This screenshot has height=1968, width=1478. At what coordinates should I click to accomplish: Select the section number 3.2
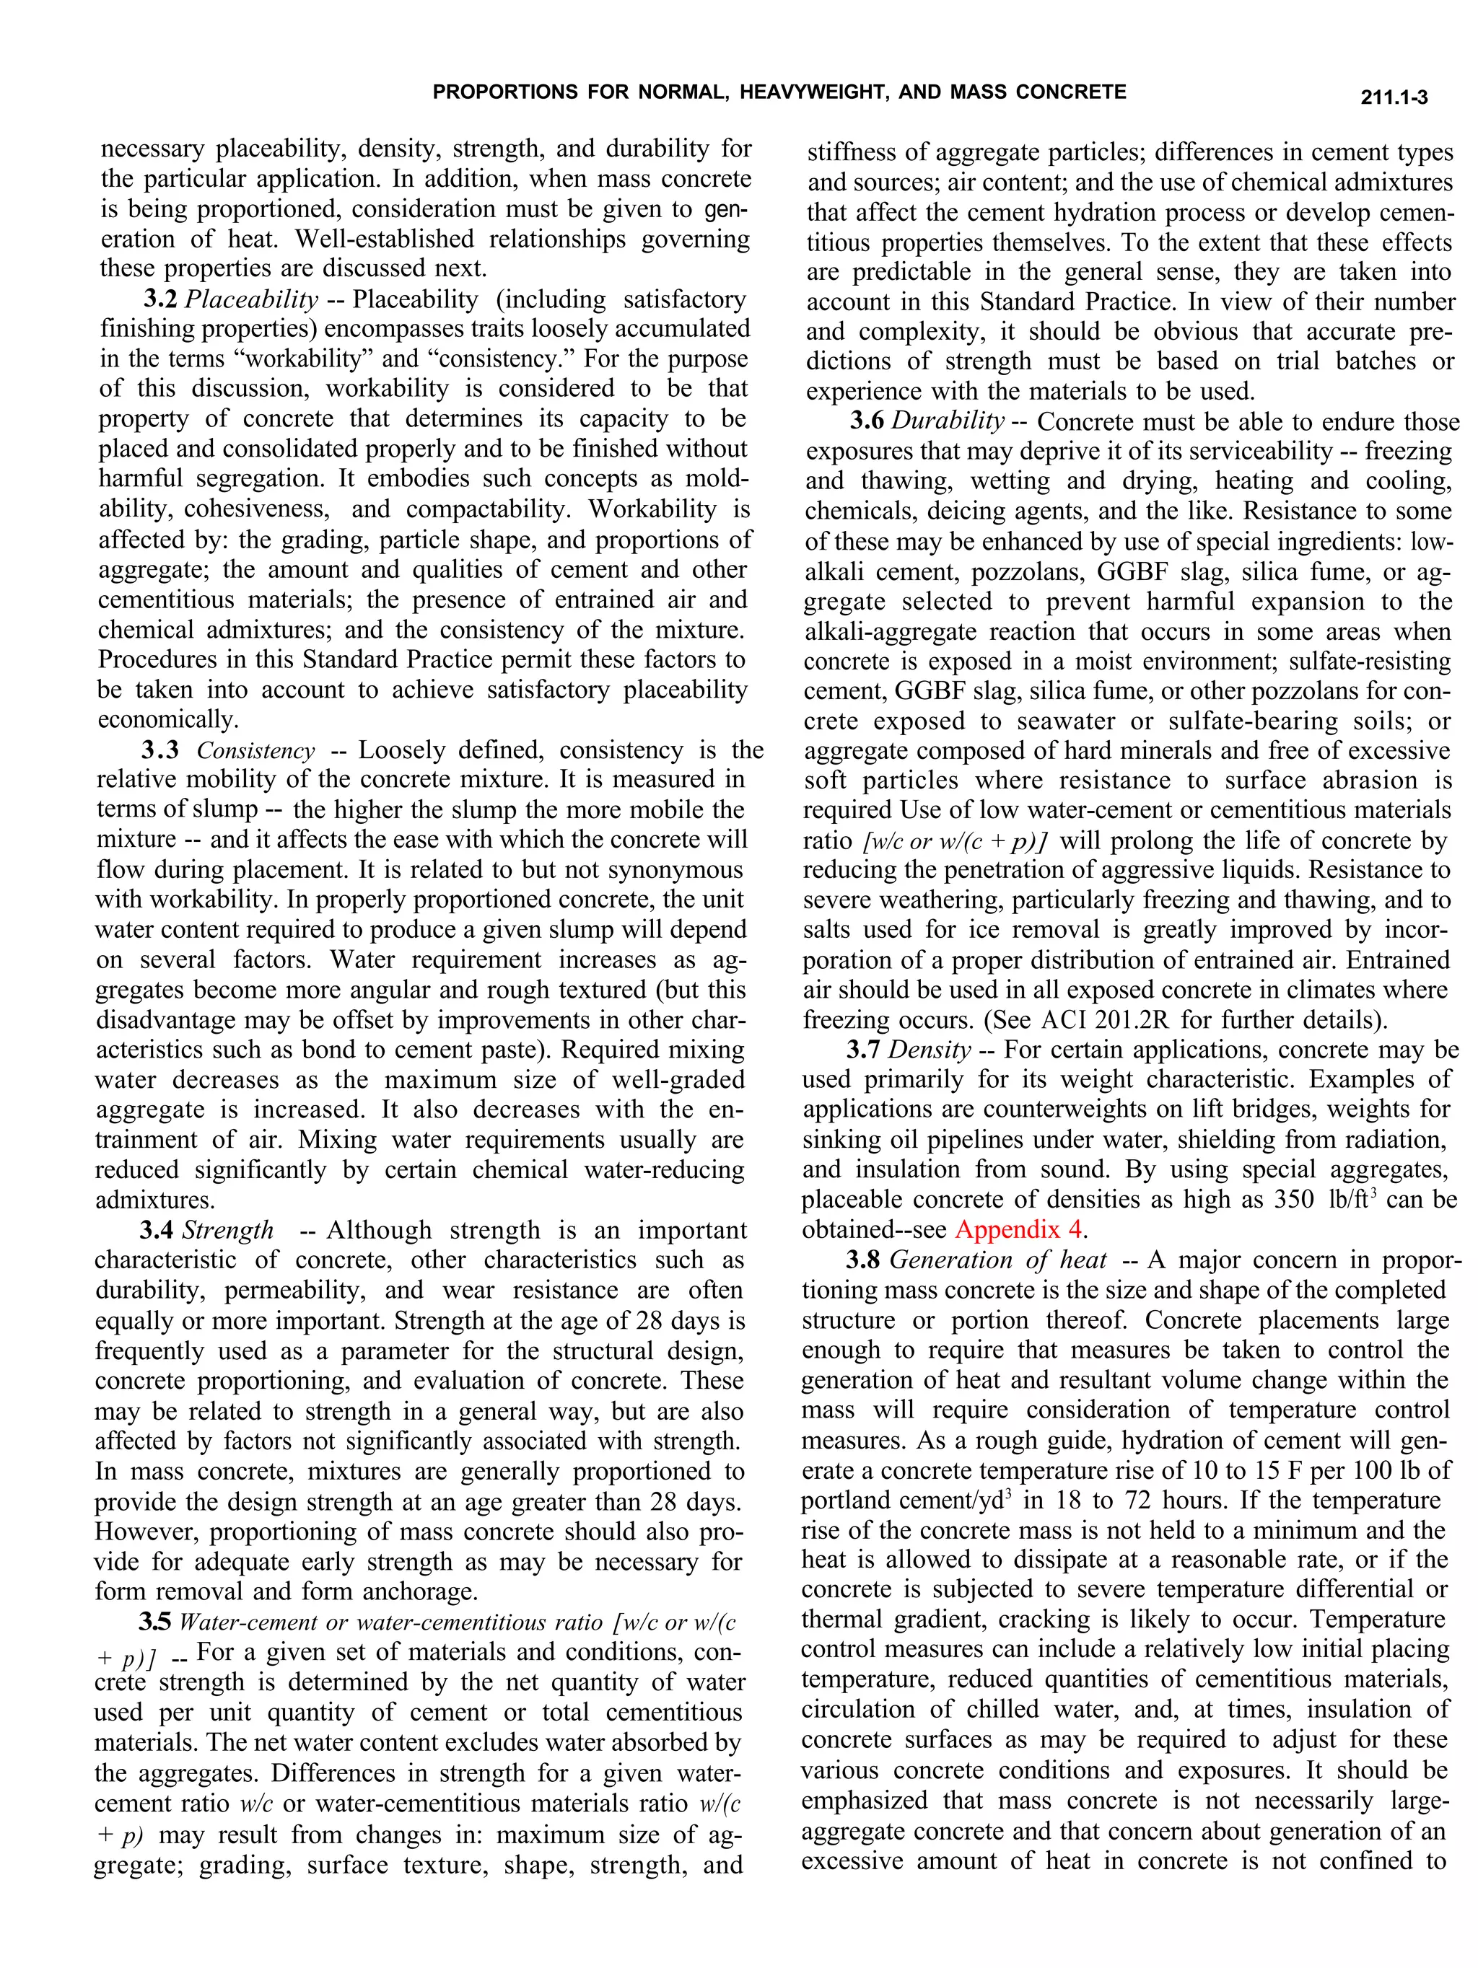pyautogui.click(x=161, y=300)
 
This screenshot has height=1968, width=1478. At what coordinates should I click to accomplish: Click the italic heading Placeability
pyautogui.click(x=251, y=300)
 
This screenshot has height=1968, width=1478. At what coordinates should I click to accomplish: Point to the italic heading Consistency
pyautogui.click(x=255, y=751)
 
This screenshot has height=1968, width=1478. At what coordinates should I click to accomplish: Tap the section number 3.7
pyautogui.click(x=863, y=1050)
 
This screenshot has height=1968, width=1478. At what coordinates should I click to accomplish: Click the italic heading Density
pyautogui.click(x=929, y=1050)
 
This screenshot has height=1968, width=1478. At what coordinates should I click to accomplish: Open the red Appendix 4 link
pyautogui.click(x=1019, y=1231)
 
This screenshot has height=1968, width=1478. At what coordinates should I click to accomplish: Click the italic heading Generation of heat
pyautogui.click(x=997, y=1260)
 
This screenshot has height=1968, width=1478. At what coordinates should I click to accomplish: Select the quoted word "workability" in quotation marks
pyautogui.click(x=282, y=359)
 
